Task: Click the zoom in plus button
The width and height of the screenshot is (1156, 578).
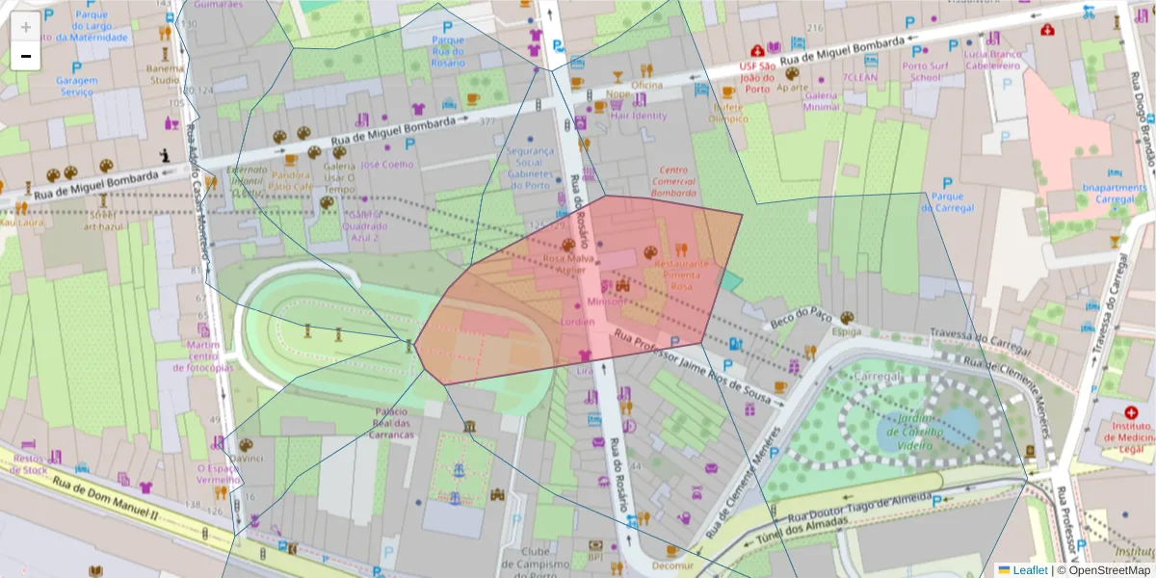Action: [26, 26]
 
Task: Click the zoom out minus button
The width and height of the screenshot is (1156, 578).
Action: [26, 56]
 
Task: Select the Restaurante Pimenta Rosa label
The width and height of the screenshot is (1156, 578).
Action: [682, 275]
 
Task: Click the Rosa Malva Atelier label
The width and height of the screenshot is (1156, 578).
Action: [565, 264]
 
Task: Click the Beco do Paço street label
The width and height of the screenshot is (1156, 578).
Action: [800, 317]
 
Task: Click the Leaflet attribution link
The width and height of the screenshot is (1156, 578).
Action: [1030, 570]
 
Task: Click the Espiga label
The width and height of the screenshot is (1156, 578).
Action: [847, 330]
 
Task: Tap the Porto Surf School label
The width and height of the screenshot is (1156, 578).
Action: [926, 71]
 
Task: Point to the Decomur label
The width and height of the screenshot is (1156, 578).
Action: [671, 566]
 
